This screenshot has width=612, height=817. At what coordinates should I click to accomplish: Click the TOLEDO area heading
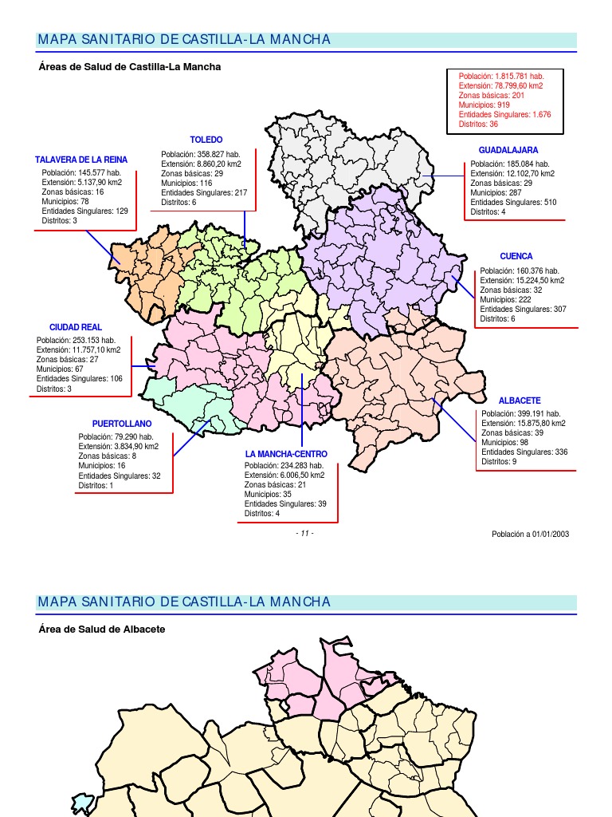pyautogui.click(x=206, y=140)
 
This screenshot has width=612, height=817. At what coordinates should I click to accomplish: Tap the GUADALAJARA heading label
pyautogui.click(x=508, y=150)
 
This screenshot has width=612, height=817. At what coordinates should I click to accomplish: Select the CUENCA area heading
pyautogui.click(x=516, y=256)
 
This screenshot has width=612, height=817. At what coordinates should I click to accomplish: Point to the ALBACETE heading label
pyautogui.click(x=520, y=400)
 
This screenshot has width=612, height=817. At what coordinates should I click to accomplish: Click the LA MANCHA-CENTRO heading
pyautogui.click(x=286, y=454)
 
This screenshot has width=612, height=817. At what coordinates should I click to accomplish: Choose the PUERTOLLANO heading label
pyautogui.click(x=121, y=423)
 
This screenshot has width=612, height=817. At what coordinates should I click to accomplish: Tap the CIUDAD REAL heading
pyautogui.click(x=76, y=327)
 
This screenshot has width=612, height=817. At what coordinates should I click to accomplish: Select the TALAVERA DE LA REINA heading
pyautogui.click(x=81, y=160)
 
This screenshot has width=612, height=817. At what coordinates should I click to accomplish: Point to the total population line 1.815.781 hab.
pyautogui.click(x=500, y=76)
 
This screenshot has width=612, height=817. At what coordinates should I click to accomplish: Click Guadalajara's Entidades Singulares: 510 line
pyautogui.click(x=513, y=203)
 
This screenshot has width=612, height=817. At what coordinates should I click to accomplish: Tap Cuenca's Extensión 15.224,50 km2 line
pyautogui.click(x=522, y=281)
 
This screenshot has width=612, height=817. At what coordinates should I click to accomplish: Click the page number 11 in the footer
pyautogui.click(x=304, y=534)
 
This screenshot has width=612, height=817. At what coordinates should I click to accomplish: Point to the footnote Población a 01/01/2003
pyautogui.click(x=530, y=534)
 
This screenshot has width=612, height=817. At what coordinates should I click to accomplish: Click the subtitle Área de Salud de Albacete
pyautogui.click(x=101, y=629)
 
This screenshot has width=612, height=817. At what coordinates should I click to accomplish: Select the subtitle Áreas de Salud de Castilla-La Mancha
pyautogui.click(x=129, y=67)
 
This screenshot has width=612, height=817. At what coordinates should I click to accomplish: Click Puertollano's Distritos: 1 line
pyautogui.click(x=96, y=485)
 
